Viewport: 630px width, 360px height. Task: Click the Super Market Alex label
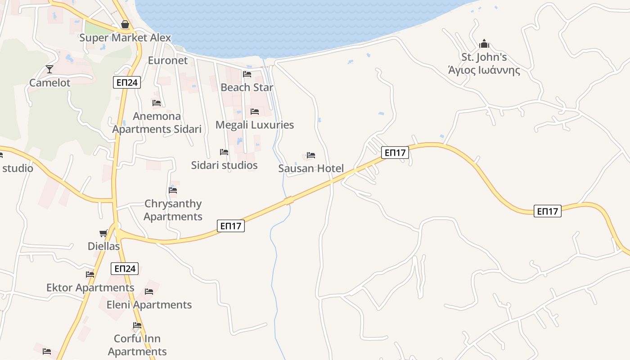pos(125,38)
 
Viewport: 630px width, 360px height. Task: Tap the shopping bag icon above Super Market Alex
pos(125,24)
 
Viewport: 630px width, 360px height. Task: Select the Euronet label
pos(168,60)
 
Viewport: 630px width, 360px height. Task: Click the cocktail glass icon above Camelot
pos(49,69)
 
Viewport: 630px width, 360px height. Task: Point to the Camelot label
pos(50,83)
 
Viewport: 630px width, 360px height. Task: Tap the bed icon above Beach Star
pos(247,74)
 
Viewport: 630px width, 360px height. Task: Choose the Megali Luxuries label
pos(255,125)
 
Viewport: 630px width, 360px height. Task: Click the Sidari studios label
pos(225,165)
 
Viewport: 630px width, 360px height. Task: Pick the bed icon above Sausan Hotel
pos(311,155)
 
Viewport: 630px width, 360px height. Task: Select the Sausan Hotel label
pos(311,169)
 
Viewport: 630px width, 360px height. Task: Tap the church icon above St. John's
pos(484,44)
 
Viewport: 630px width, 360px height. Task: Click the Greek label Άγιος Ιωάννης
pos(484,71)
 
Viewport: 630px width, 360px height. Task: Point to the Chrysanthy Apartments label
pos(173,210)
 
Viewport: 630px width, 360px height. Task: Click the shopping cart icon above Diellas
pos(103,233)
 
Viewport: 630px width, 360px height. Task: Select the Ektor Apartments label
pos(90,288)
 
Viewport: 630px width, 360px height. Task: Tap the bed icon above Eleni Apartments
pos(149,292)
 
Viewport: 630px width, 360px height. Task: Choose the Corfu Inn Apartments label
pos(137,345)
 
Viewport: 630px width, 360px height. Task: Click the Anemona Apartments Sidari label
pos(157,123)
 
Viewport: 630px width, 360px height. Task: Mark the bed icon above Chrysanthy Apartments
pos(173,190)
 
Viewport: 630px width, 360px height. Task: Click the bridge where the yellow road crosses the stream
pos(289,201)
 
